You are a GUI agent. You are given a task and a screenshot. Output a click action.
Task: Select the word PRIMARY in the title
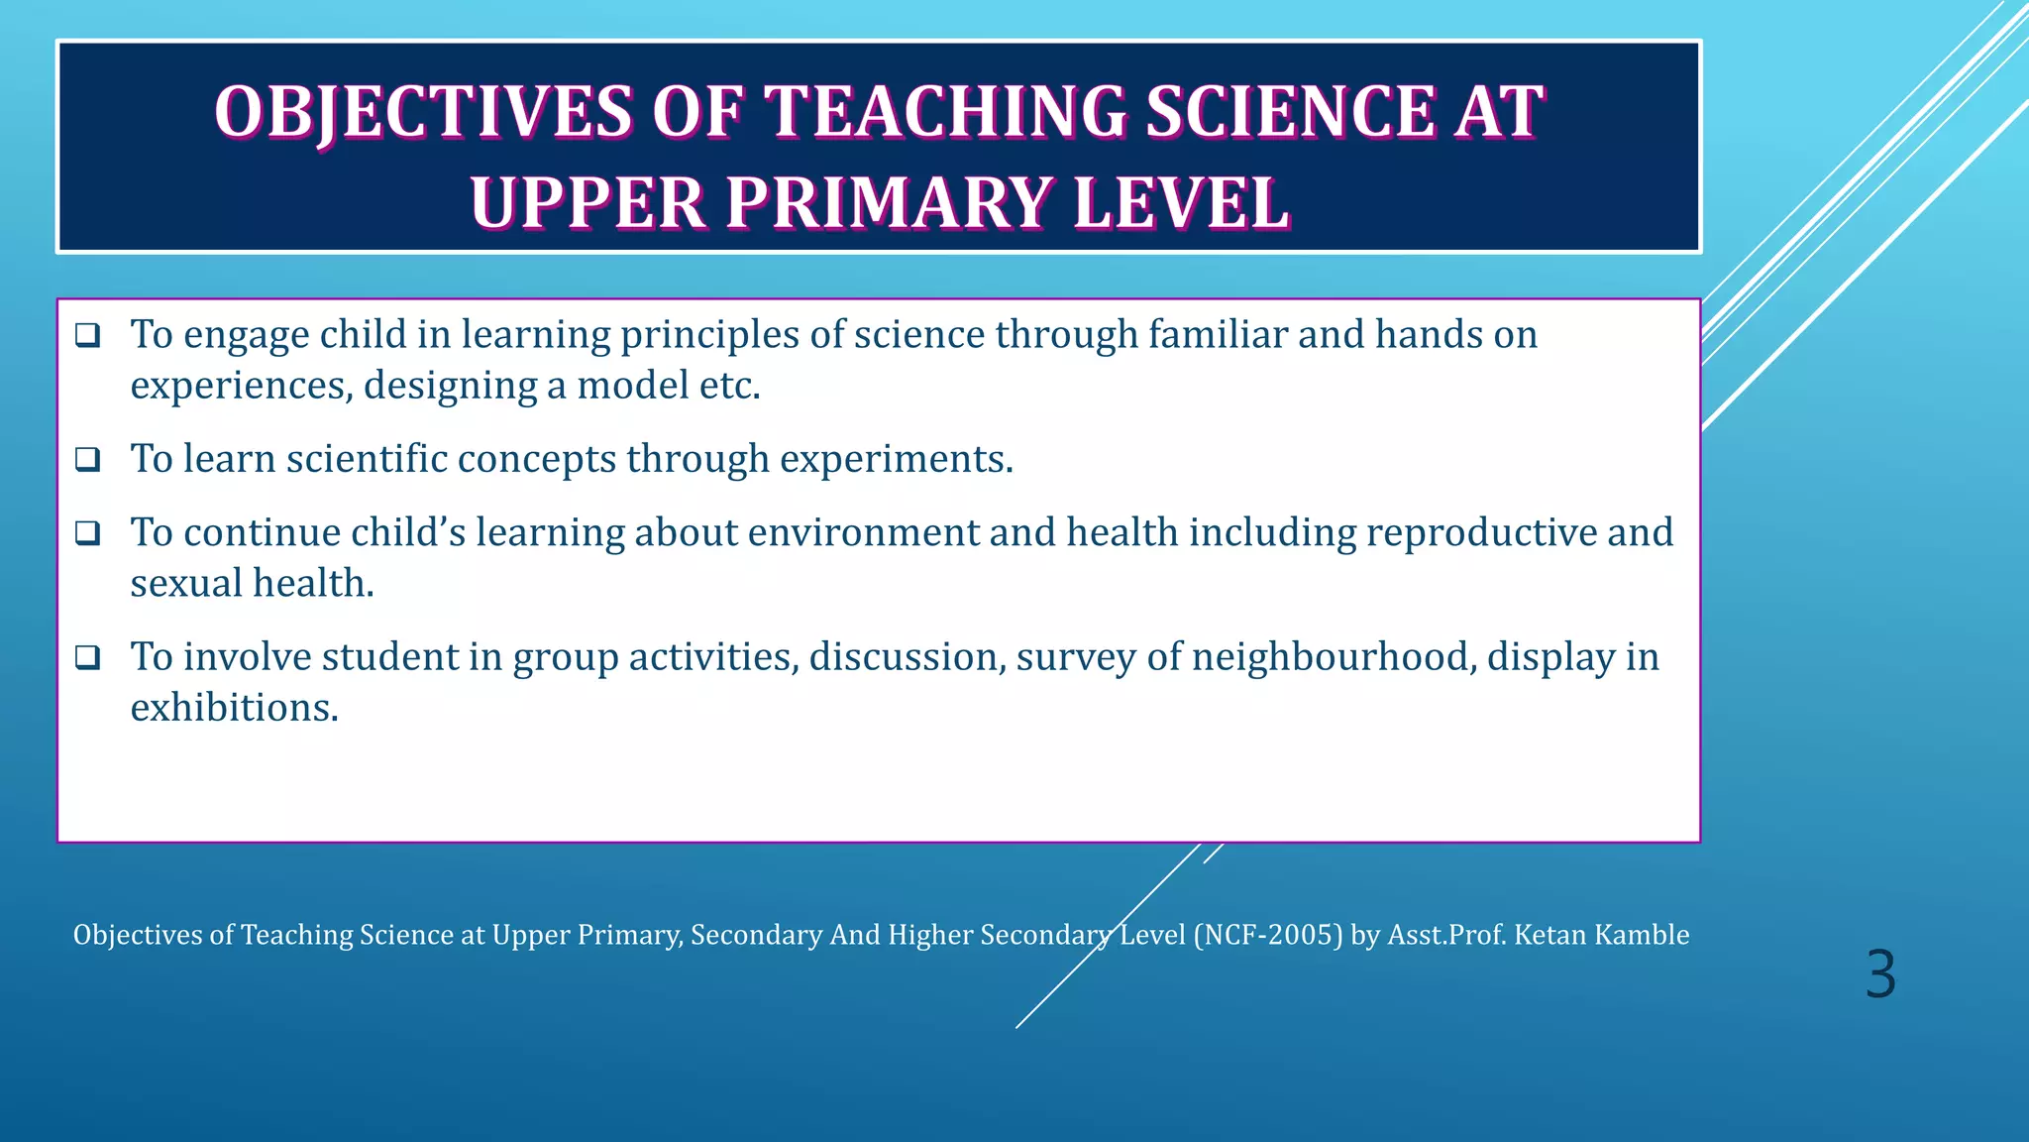888,204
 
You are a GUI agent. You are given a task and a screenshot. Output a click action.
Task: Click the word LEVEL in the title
1181,204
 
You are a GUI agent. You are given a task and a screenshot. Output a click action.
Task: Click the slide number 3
1879,974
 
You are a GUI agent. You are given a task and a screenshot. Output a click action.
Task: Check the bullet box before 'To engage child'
88,335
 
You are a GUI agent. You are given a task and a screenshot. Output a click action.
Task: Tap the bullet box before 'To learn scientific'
88,459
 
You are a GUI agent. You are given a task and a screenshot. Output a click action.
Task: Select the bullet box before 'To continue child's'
88,533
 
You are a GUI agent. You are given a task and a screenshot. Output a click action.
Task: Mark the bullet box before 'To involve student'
88,657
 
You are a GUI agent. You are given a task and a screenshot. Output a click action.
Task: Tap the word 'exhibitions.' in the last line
235,708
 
